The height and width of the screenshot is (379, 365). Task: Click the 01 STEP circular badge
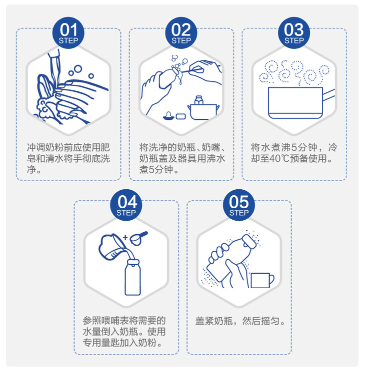click(x=68, y=32)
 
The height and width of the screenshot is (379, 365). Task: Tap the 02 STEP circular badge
click(x=181, y=32)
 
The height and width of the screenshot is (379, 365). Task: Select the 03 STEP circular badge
click(x=294, y=32)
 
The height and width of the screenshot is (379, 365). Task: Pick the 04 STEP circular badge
click(x=126, y=205)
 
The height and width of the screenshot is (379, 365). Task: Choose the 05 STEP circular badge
click(x=239, y=205)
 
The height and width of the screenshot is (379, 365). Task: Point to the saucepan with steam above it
click(x=295, y=103)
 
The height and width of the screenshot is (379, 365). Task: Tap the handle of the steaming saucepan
click(x=328, y=94)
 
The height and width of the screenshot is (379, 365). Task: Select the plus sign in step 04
click(x=125, y=237)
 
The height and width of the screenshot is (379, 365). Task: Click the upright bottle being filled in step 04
click(x=132, y=277)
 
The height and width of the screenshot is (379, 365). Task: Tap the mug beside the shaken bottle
click(x=262, y=281)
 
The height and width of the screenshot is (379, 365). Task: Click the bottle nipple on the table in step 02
click(x=168, y=116)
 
